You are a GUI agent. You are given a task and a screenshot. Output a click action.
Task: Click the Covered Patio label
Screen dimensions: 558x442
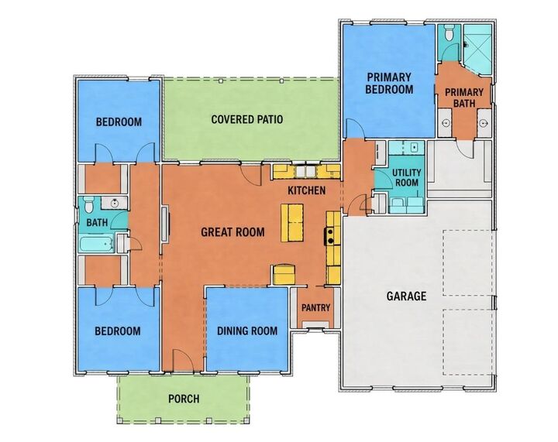[x=247, y=119]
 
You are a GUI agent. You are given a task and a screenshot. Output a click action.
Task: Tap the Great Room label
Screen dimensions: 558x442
[x=232, y=232]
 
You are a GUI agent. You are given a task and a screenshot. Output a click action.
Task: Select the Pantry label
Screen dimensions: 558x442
[x=316, y=307]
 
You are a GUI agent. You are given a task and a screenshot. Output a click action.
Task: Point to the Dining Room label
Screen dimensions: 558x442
[x=247, y=331]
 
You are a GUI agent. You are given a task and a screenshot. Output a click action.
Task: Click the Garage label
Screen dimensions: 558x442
[x=406, y=296]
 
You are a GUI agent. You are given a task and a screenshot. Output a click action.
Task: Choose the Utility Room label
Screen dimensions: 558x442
[x=407, y=178]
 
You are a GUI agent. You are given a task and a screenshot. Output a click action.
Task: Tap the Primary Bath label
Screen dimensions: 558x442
[x=464, y=98]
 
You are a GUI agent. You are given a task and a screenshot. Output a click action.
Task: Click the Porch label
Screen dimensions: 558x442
[x=184, y=399]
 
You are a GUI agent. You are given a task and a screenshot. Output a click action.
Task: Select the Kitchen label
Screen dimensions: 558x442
[x=307, y=190]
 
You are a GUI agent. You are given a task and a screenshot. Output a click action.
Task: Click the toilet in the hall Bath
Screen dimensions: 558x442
[x=88, y=204]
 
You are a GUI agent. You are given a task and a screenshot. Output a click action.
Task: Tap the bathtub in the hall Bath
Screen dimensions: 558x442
[x=96, y=244]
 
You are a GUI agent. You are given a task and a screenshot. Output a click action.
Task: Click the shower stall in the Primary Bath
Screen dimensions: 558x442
[x=477, y=49]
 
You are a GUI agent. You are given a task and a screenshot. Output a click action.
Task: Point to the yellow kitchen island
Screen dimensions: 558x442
[x=292, y=223]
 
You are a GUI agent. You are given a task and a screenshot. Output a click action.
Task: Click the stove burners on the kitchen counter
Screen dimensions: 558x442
[x=330, y=237]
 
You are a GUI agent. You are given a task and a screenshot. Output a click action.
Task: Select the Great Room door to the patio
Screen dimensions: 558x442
[x=252, y=174]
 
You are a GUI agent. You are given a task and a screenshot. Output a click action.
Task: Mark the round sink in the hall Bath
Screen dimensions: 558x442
[x=115, y=204]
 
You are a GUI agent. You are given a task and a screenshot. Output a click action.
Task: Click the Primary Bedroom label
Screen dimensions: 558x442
[x=389, y=83]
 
